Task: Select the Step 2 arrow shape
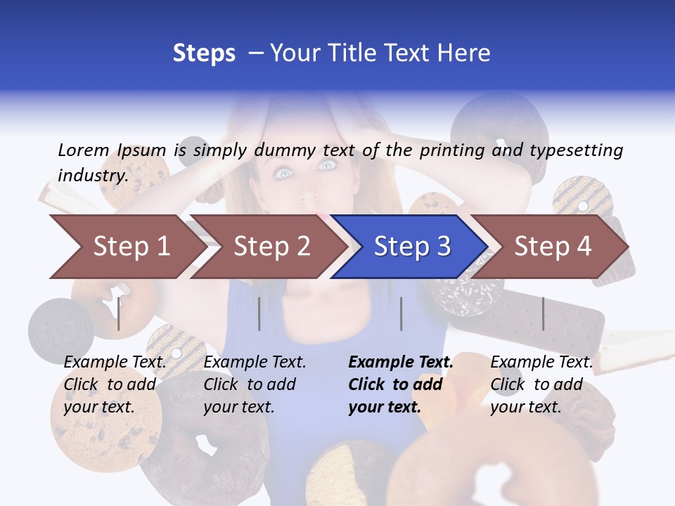coord(271,247)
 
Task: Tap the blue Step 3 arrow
coord(411,247)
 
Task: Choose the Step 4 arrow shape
coord(552,247)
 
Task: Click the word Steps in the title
coord(204,53)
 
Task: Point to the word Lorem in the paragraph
coord(84,150)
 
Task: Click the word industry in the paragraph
coord(92,175)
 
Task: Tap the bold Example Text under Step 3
coord(401,363)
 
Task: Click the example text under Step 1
coord(115,384)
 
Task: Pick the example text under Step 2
coord(255,384)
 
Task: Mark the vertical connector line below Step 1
coord(119,313)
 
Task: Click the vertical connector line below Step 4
coord(543,313)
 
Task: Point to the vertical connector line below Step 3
coord(401,313)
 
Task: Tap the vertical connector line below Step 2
coord(259,313)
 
